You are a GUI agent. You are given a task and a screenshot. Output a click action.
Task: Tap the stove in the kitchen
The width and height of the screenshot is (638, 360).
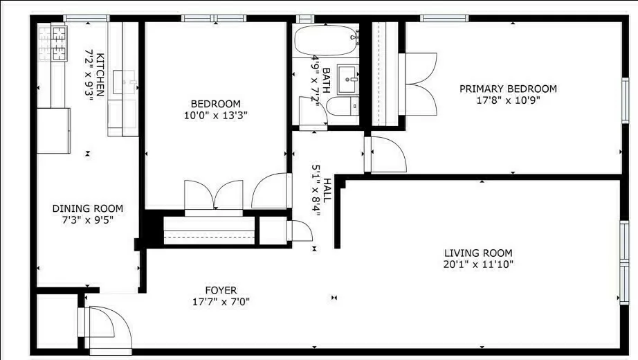pyautogui.click(x=52, y=43)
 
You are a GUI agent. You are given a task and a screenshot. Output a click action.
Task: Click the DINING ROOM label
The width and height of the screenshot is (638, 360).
pyautogui.click(x=88, y=208)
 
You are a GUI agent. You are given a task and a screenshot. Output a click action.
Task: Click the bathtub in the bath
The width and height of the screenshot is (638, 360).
pyautogui.click(x=325, y=41)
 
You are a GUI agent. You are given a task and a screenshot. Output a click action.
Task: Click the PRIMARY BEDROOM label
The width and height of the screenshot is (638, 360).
pyautogui.click(x=509, y=89)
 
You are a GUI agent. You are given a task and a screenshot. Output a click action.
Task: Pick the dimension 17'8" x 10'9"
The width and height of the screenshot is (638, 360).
pyautogui.click(x=509, y=100)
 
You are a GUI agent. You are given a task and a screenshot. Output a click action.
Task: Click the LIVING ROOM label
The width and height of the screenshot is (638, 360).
pyautogui.click(x=478, y=253)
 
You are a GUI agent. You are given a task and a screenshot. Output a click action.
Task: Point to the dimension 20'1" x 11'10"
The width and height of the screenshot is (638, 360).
pyautogui.click(x=478, y=264)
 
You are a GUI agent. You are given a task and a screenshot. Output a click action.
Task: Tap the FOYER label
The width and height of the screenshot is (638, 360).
pyautogui.click(x=221, y=290)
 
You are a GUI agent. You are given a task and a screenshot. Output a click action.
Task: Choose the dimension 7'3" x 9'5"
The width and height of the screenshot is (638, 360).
pyautogui.click(x=88, y=220)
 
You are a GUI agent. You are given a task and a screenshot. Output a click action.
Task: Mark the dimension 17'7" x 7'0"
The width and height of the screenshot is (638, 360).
pyautogui.click(x=221, y=302)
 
